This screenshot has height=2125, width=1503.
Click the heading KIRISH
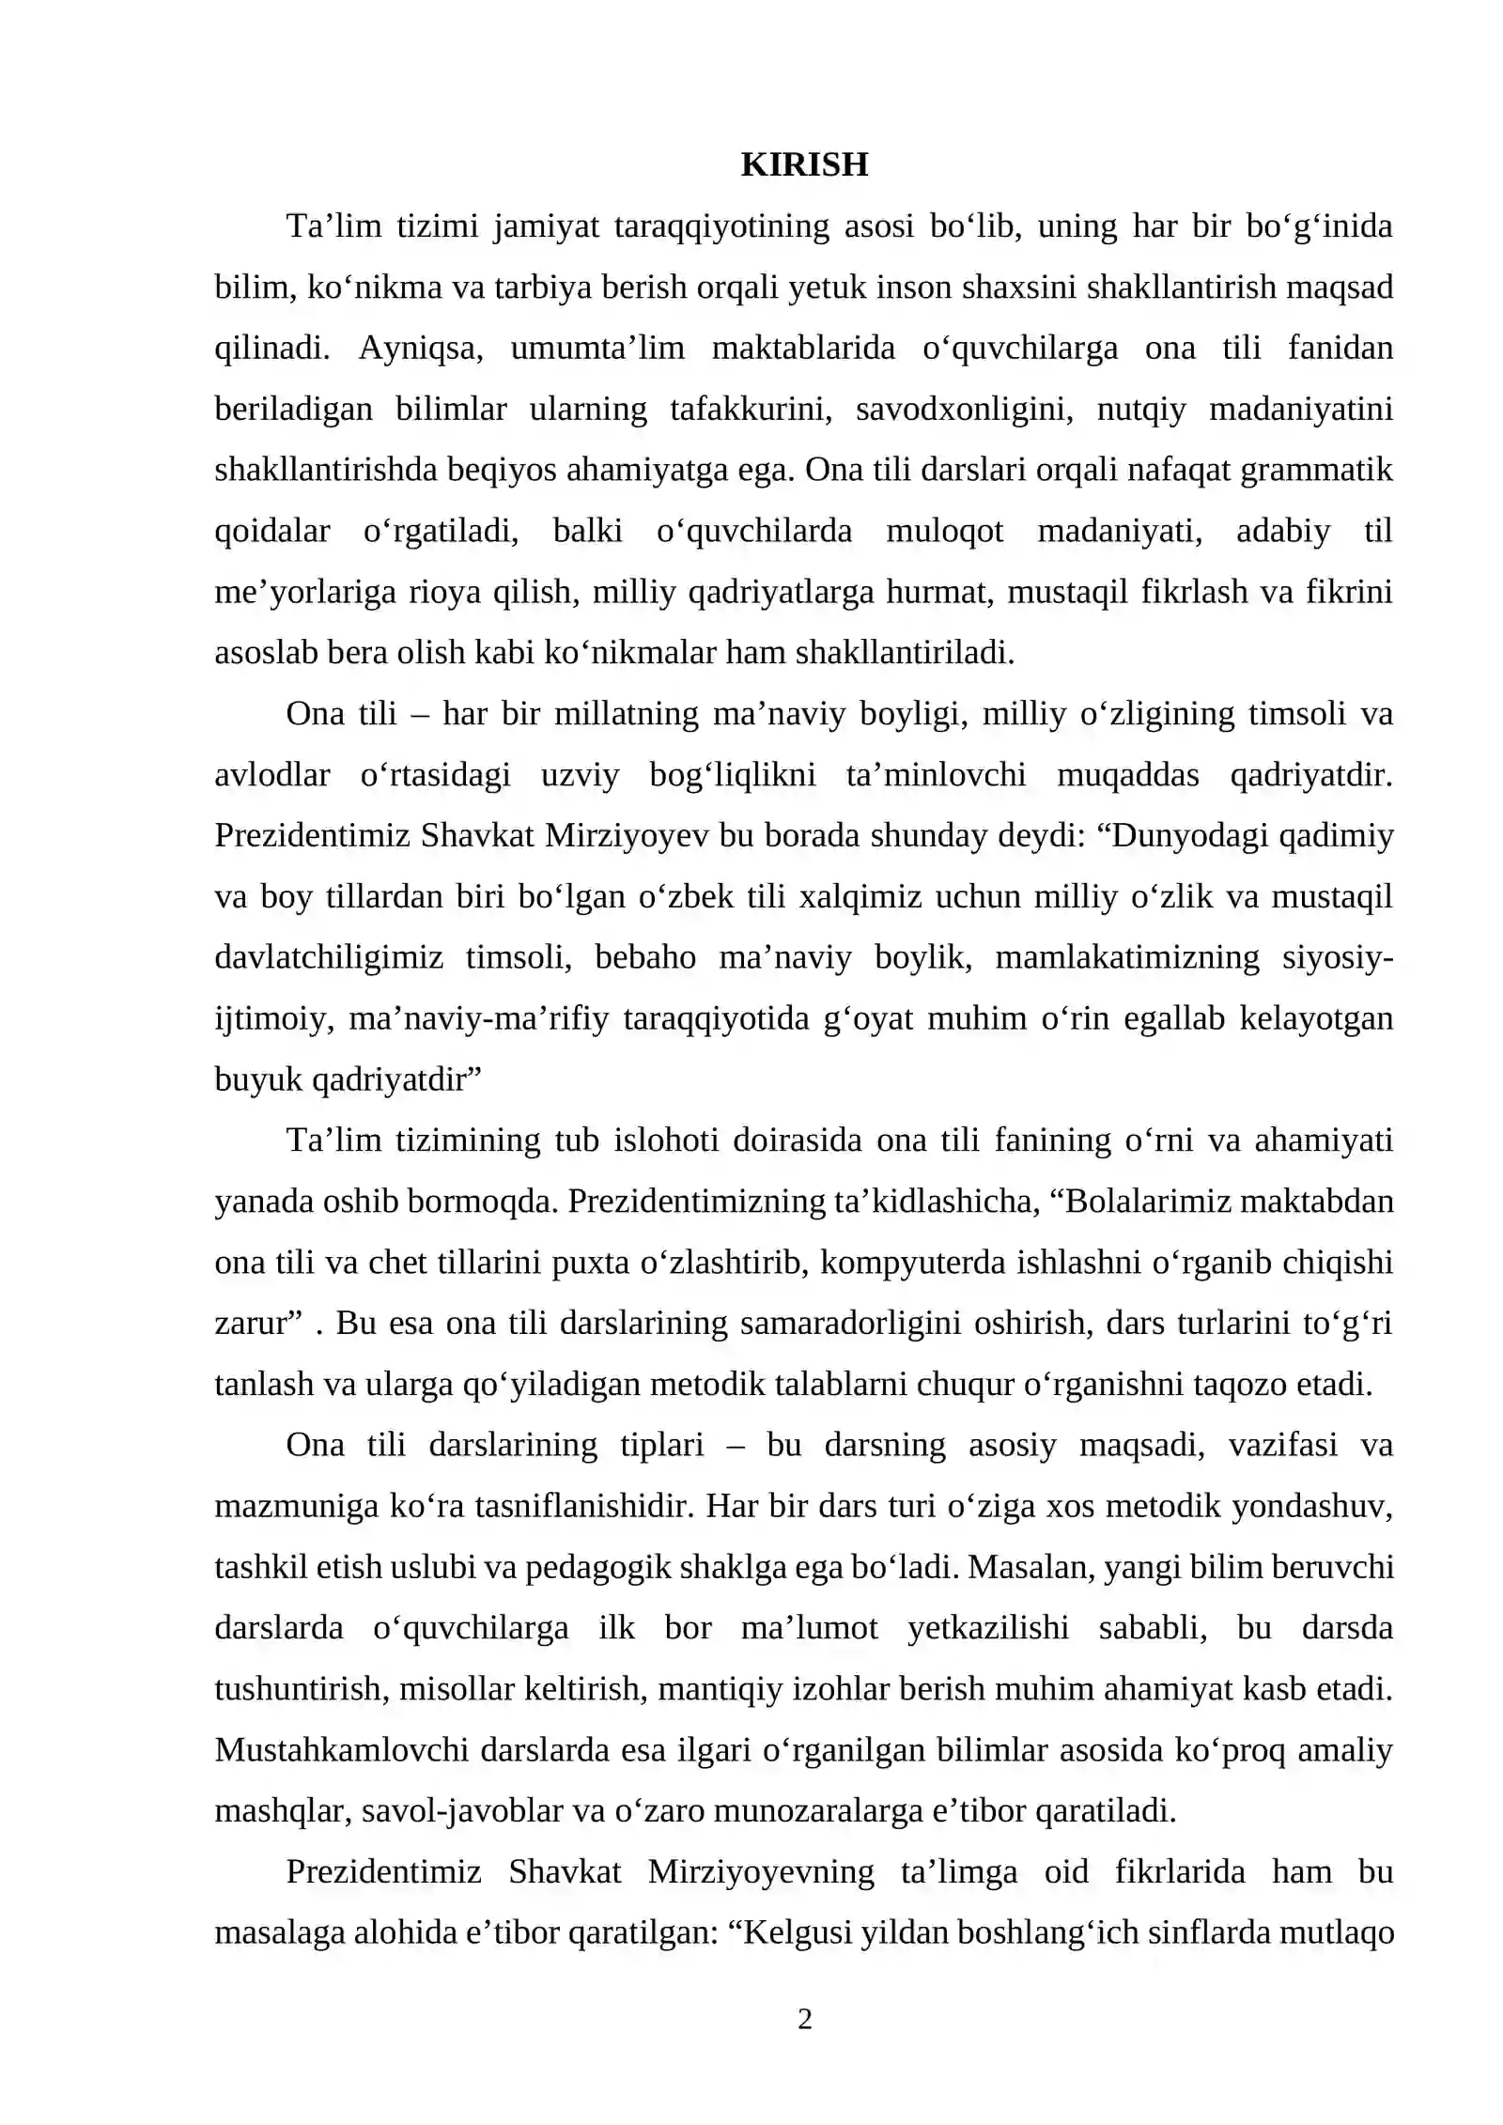pos(804,165)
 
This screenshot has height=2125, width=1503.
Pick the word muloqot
pos(944,531)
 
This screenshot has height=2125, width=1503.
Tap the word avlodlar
pos(271,775)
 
